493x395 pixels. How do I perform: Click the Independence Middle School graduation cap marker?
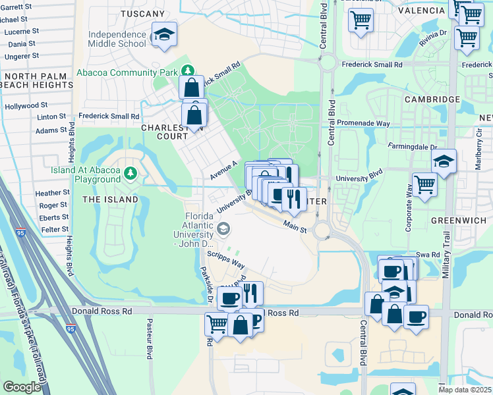click(164, 35)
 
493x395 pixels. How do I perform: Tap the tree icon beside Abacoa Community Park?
click(188, 70)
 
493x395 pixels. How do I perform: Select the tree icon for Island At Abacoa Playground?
click(130, 173)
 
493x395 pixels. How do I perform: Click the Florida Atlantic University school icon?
click(223, 229)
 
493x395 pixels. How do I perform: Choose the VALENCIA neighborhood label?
click(422, 11)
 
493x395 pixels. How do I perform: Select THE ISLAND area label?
click(110, 199)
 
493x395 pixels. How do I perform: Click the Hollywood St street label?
click(26, 105)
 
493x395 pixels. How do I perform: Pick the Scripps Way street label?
click(226, 259)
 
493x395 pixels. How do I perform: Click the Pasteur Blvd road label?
click(150, 339)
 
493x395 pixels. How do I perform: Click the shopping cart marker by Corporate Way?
click(424, 184)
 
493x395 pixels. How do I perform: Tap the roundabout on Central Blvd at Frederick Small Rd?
click(327, 64)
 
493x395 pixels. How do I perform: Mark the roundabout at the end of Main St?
click(322, 230)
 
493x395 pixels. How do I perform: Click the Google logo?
click(22, 387)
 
